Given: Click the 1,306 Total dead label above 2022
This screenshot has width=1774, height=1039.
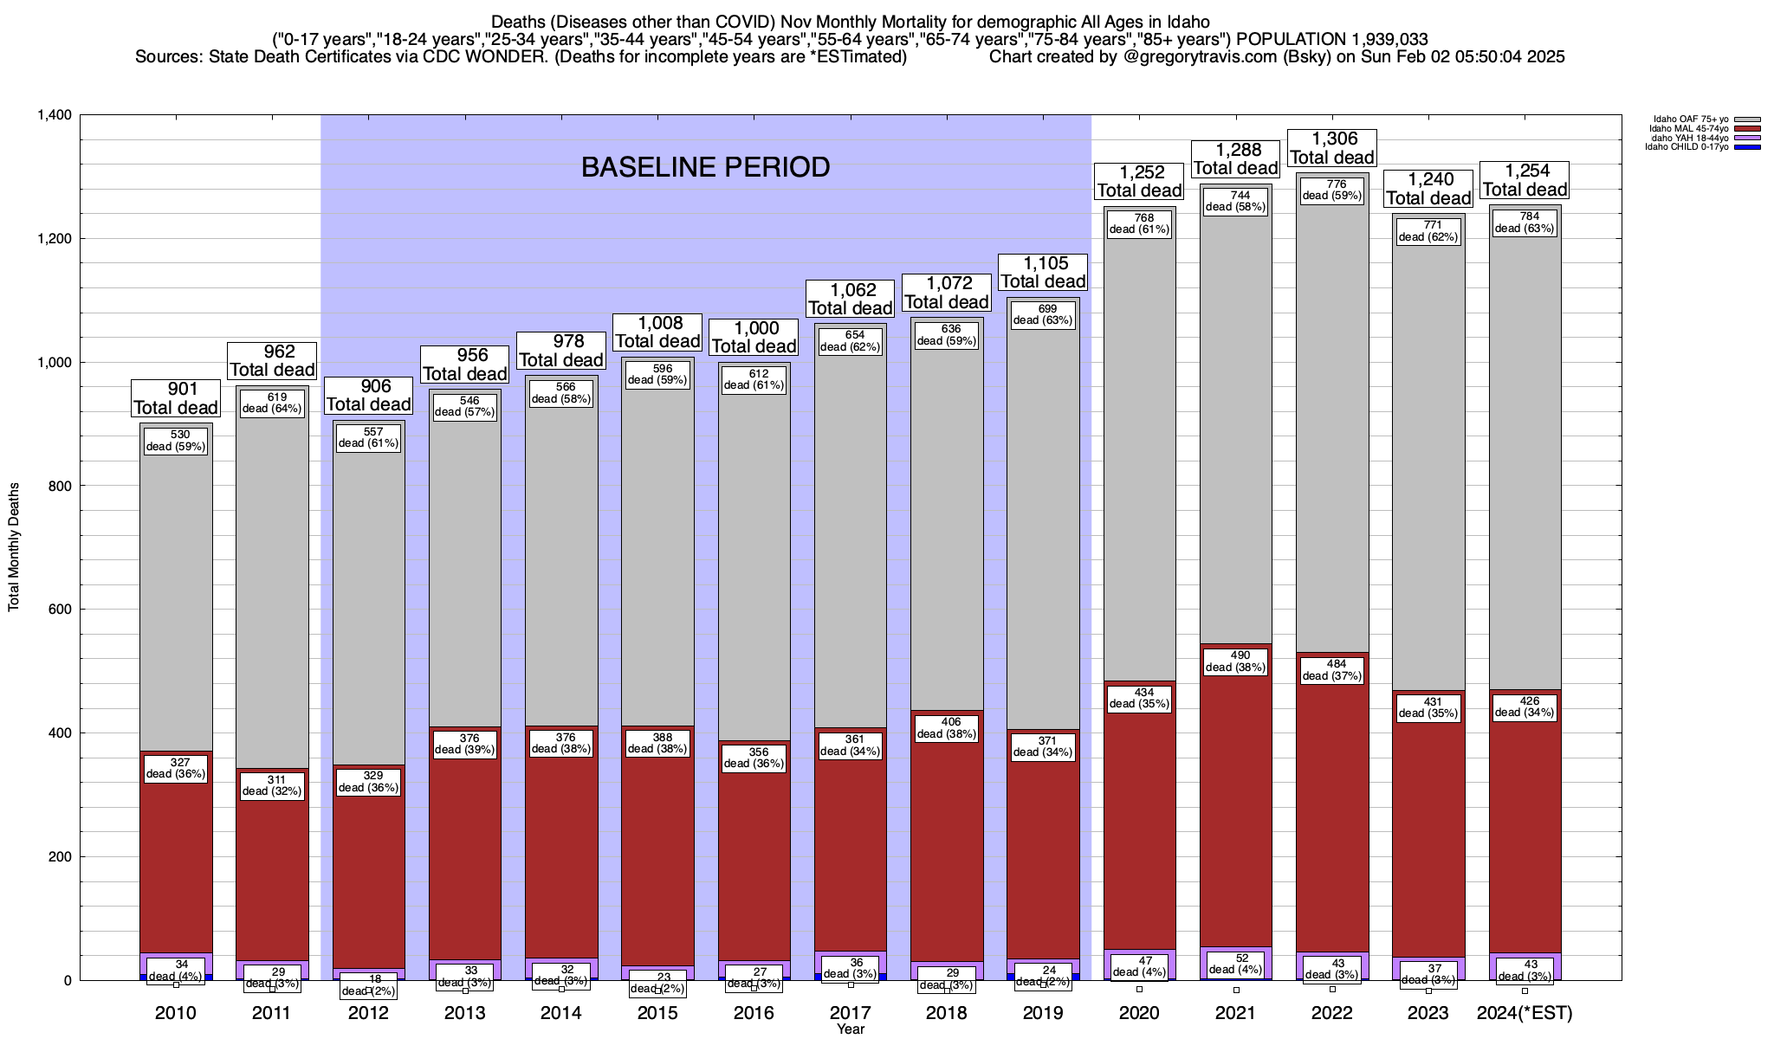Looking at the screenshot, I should tap(1333, 148).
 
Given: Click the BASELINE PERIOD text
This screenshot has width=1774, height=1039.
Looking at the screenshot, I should tap(705, 167).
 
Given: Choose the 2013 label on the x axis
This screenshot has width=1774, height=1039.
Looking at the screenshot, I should tap(464, 1013).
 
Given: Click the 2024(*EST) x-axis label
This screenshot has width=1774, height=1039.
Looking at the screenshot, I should tap(1525, 1013).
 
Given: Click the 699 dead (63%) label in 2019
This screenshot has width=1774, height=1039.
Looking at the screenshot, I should tap(1043, 314).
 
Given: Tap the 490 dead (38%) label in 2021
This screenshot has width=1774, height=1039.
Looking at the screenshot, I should tap(1236, 661).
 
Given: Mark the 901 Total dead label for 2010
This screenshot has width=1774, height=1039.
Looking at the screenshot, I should tap(176, 398).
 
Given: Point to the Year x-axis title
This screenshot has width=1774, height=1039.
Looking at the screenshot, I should tap(851, 1029).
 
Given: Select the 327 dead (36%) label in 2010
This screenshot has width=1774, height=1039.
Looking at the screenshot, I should tap(176, 768).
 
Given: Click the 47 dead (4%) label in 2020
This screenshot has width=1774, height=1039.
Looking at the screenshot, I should tap(1139, 966).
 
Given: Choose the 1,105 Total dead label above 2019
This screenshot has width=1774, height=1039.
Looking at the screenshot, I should tap(1043, 273).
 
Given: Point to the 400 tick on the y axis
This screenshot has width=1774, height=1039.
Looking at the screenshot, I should tap(61, 733).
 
